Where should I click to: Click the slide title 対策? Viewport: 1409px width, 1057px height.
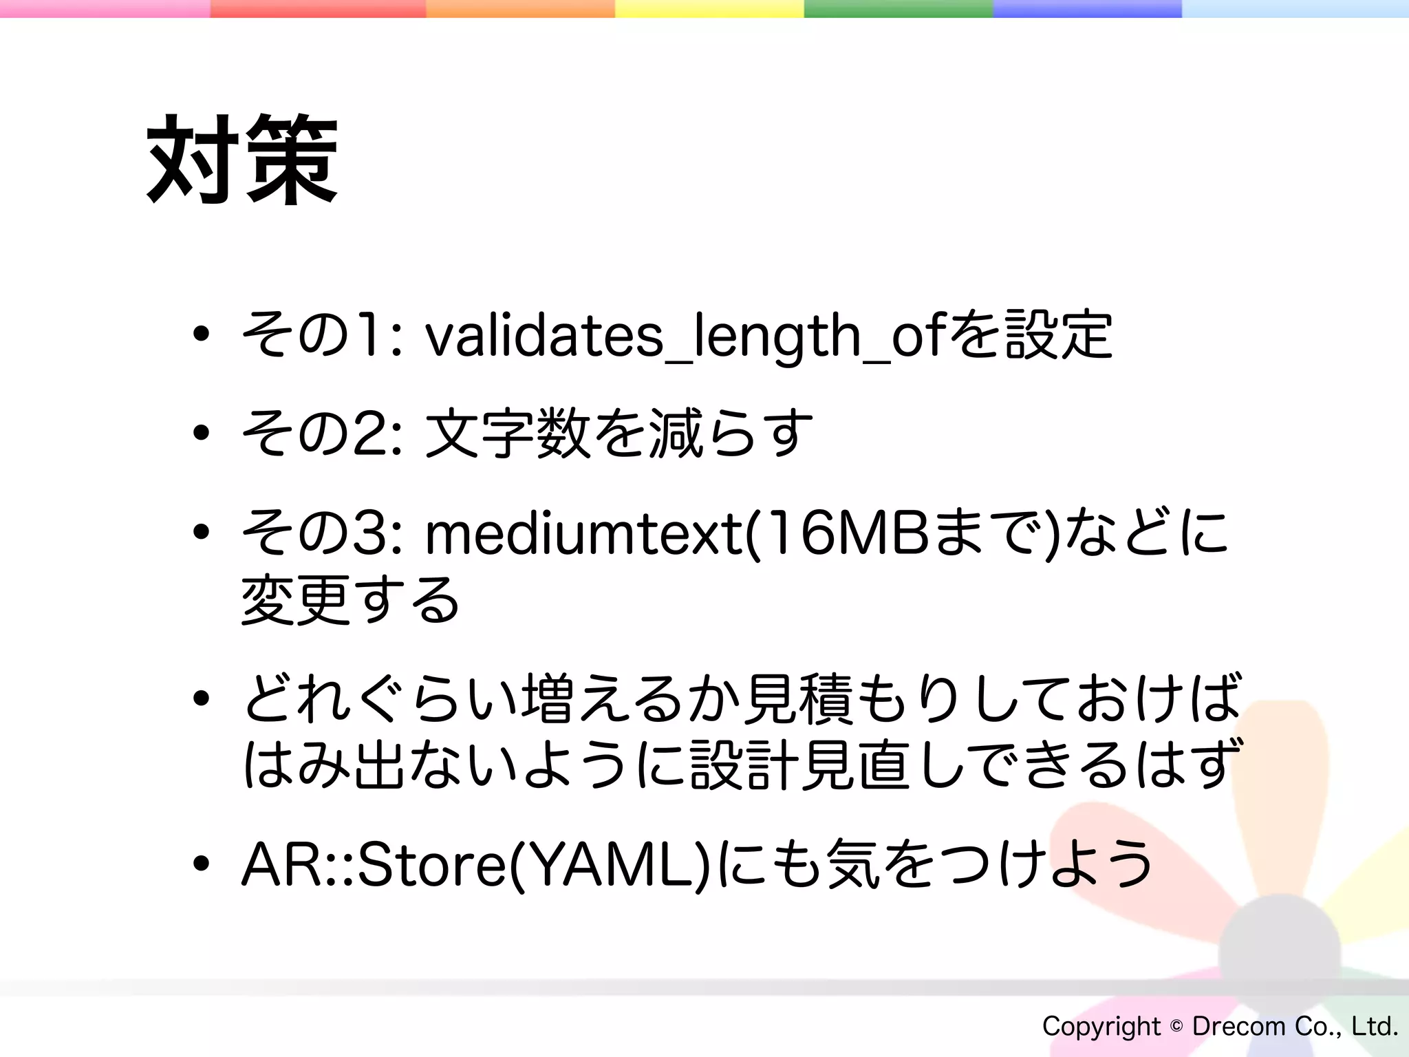(242, 160)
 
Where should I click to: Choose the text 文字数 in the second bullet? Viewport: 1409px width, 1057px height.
(508, 434)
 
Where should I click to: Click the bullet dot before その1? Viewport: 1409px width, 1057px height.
(201, 334)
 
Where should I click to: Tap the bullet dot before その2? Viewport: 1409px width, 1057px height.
(201, 433)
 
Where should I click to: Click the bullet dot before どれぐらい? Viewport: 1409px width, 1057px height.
(201, 698)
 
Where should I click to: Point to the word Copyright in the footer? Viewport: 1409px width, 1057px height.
(1101, 1027)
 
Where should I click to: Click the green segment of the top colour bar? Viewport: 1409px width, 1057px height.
(899, 8)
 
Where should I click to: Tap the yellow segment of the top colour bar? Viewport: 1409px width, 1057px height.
(709, 8)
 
